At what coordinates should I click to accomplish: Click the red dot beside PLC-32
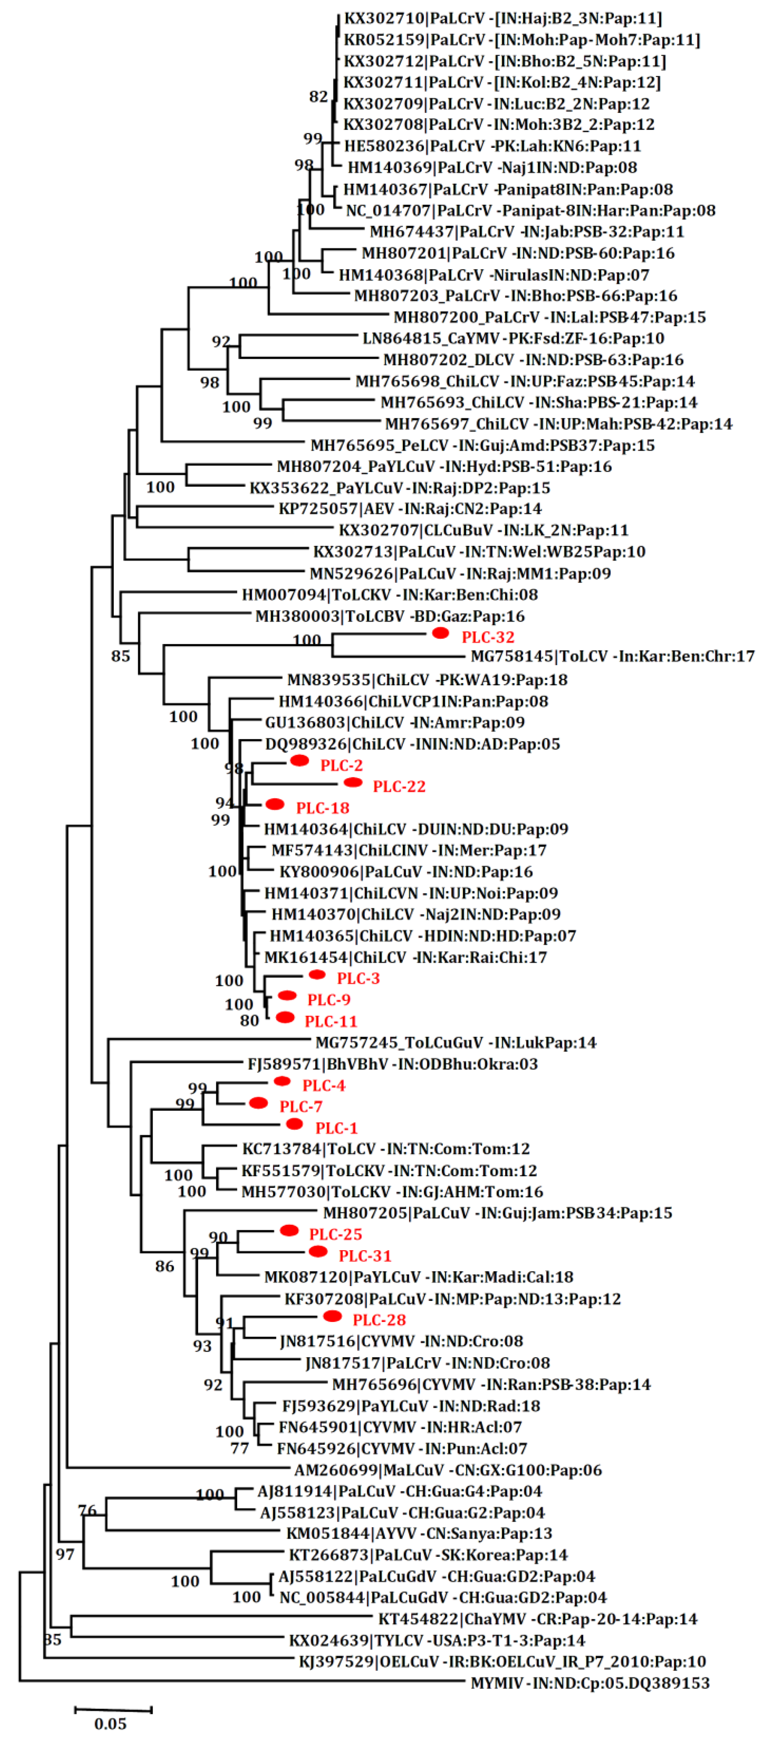pos(440,633)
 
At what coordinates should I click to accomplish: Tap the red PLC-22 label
pos(399,786)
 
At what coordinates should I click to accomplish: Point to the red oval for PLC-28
pos(332,1316)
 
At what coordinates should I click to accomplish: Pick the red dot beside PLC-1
pos(294,1124)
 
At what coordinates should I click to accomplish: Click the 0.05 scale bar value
pos(110,1723)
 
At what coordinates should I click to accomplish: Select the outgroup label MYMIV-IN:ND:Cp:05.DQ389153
pos(590,1683)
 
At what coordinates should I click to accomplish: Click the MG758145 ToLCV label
pos(612,656)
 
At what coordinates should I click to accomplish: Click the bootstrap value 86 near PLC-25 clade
pos(164,1266)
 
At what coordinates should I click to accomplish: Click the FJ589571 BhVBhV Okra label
pos(392,1064)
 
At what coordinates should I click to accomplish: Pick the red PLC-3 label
pos(358,978)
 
